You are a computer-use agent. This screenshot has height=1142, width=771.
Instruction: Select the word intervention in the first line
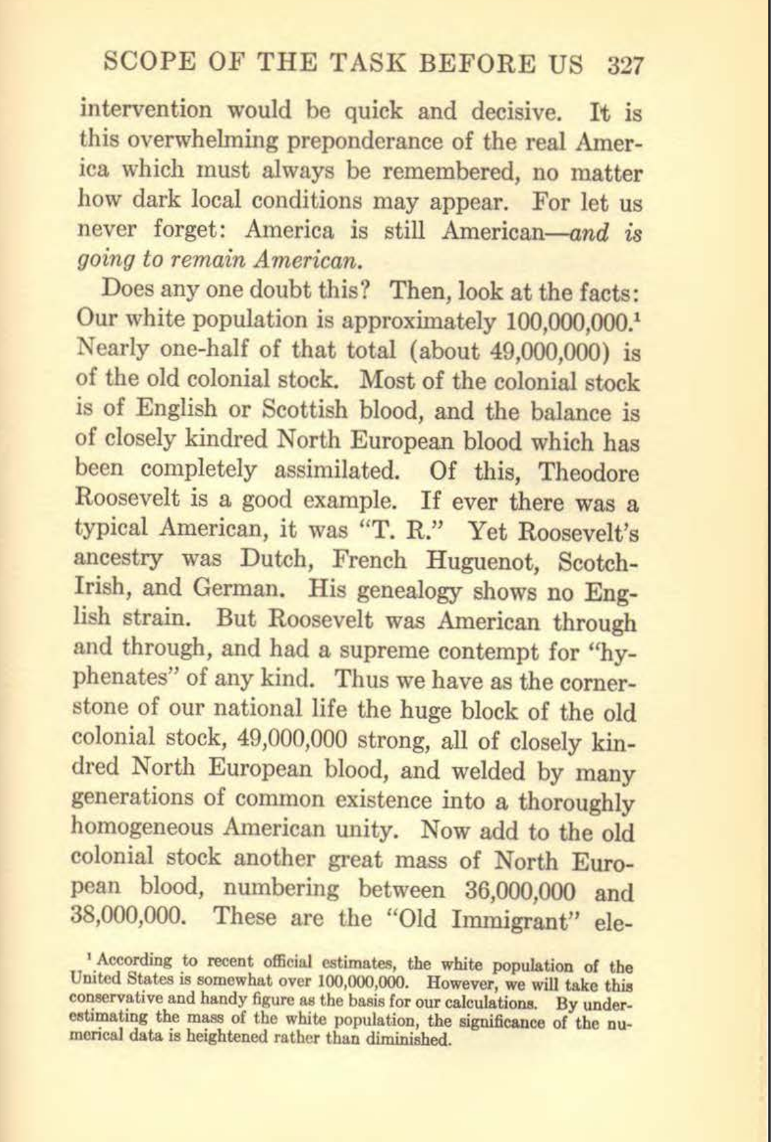pyautogui.click(x=145, y=110)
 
